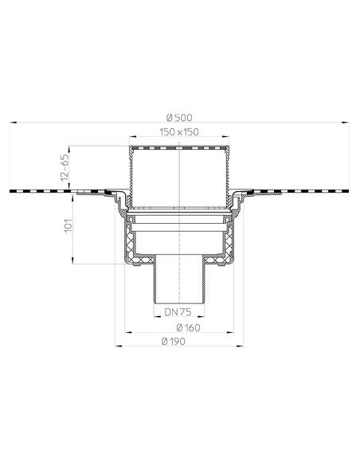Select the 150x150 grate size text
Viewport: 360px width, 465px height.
coord(180,131)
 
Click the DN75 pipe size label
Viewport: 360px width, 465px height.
coord(180,313)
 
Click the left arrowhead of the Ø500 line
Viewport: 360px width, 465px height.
coord(14,124)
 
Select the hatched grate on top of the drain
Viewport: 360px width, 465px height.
coord(180,148)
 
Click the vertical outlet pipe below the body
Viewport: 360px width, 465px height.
coord(180,283)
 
